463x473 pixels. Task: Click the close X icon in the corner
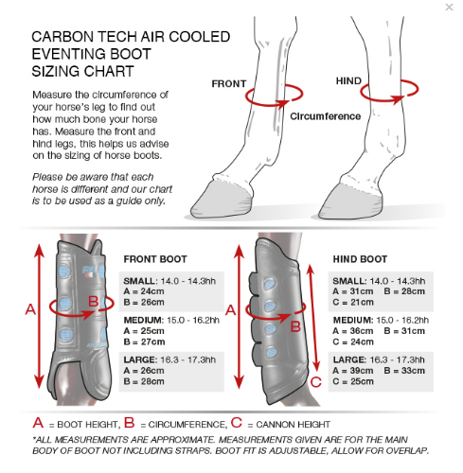449,7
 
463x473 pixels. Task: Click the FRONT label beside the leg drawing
229,84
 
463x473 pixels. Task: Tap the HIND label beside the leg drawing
348,81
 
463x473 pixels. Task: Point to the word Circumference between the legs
326,116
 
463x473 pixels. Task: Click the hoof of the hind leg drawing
350,201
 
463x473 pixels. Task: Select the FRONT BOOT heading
155,259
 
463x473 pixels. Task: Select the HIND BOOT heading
360,259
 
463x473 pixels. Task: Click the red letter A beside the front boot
30,309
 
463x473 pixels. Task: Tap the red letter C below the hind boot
316,382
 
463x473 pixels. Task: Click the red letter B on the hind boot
295,326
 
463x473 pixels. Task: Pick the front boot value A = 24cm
144,291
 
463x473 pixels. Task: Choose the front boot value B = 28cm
144,381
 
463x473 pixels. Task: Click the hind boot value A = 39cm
353,371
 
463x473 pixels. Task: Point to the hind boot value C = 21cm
353,303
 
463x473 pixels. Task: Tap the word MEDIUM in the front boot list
144,321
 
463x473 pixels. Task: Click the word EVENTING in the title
92,54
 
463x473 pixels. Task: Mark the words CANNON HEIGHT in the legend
294,425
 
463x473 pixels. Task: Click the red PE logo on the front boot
90,271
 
